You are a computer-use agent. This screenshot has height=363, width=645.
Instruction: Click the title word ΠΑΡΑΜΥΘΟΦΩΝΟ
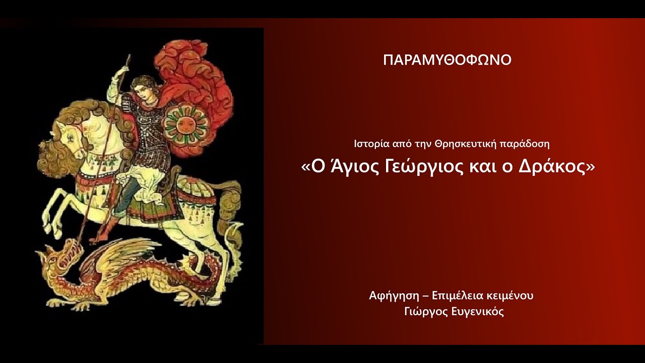(x=447, y=60)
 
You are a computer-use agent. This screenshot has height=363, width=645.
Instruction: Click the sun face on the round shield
(x=186, y=123)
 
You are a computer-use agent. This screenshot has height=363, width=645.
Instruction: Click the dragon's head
(x=58, y=257)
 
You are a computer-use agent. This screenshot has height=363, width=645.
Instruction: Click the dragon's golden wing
(x=118, y=252)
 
